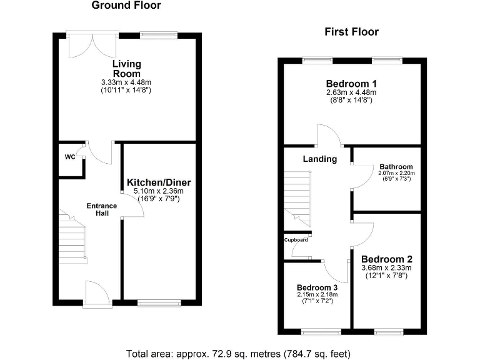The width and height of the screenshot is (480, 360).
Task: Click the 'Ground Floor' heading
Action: click(126, 6)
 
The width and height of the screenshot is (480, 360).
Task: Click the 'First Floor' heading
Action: click(351, 32)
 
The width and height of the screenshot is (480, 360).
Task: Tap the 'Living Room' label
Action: click(127, 68)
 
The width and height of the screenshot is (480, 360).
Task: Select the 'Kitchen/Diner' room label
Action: click(159, 182)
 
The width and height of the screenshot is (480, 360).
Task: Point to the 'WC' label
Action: click(69, 156)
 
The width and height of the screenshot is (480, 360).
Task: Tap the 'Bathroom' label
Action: click(396, 167)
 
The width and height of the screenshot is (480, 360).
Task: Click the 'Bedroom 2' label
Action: click(386, 259)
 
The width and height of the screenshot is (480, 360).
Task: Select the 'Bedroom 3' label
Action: click(316, 288)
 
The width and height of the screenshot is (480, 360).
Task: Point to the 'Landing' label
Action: click(320, 159)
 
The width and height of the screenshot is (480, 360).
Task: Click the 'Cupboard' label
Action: click(296, 240)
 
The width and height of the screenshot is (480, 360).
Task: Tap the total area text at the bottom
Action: click(239, 353)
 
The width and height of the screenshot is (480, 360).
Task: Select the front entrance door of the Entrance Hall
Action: click(97, 294)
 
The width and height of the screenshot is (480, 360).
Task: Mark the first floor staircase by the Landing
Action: click(297, 194)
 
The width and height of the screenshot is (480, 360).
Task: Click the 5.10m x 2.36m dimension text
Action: click(159, 191)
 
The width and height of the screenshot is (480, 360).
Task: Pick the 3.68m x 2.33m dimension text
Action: click(386, 268)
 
